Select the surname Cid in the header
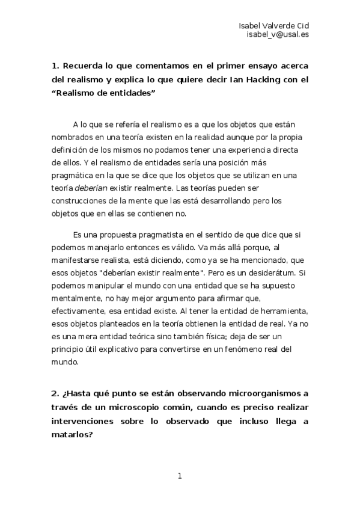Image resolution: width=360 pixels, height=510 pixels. (x=302, y=25)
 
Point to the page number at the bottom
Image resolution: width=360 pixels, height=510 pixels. (x=180, y=477)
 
